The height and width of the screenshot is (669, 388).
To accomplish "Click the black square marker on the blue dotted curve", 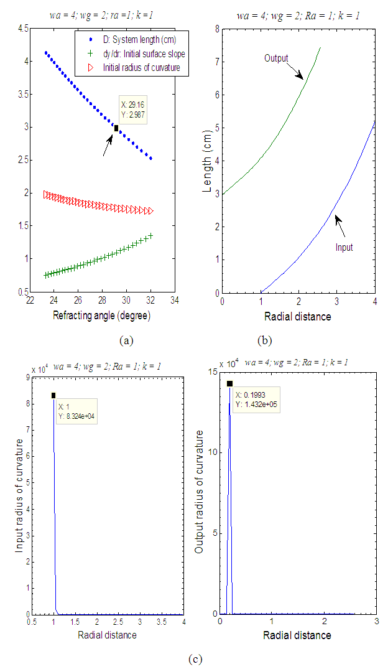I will [116, 128].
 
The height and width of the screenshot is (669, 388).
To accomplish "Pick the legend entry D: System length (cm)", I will [140, 41].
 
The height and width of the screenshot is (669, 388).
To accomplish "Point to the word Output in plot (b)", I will [276, 58].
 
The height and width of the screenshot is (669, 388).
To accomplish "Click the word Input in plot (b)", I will [343, 247].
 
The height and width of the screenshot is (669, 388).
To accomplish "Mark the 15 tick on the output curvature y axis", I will [212, 372].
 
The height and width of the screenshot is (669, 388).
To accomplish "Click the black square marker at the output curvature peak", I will [230, 384].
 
